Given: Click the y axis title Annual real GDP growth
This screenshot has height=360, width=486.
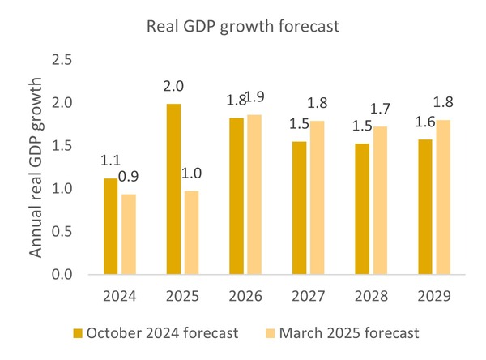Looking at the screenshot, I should coord(36,168).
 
